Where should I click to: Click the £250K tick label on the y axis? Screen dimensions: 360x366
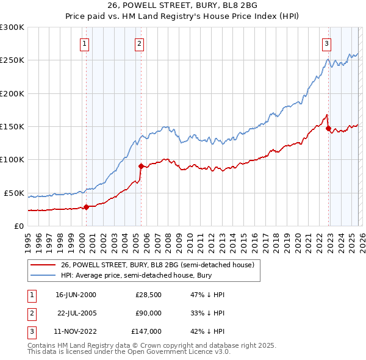click(x=12, y=60)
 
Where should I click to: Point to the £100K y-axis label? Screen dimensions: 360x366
click(x=12, y=160)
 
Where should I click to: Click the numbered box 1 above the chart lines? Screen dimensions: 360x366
click(x=84, y=43)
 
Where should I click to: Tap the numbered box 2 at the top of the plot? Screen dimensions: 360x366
click(x=140, y=43)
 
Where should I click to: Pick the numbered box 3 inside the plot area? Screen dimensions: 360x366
click(x=327, y=43)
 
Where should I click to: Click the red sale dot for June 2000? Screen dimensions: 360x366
click(x=86, y=207)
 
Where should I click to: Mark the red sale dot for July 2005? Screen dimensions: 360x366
click(x=141, y=166)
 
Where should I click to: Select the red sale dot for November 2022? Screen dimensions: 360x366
click(x=328, y=128)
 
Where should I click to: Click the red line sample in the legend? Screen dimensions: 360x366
click(x=43, y=265)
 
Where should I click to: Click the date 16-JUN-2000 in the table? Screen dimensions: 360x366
click(x=76, y=295)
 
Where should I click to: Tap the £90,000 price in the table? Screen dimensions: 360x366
click(x=148, y=313)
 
